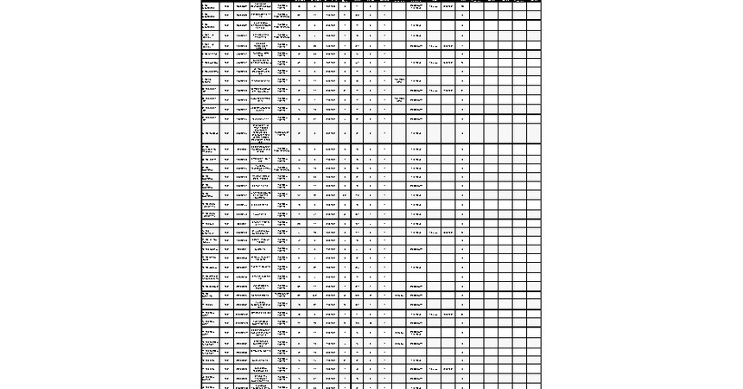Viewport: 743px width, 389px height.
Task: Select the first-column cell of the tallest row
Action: tap(209, 134)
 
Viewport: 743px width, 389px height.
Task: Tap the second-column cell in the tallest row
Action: tap(226, 134)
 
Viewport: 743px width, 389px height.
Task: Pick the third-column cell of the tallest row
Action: tap(241, 134)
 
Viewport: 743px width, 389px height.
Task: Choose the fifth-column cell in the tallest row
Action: tap(282, 134)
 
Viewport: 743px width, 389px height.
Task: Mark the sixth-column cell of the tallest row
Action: tap(299, 134)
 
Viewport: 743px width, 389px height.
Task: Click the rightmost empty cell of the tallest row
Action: tap(534, 134)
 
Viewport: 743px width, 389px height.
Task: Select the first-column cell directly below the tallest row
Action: tap(209, 150)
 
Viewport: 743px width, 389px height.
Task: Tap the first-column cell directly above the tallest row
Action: tap(209, 118)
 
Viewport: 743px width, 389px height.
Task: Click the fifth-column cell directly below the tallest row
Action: tap(282, 150)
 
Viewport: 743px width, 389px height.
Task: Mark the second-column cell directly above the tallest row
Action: tap(226, 118)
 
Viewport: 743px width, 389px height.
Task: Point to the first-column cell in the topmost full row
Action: tap(209, 6)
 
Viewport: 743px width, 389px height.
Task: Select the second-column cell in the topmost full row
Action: tap(226, 6)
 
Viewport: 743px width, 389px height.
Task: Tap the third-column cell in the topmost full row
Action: tap(241, 6)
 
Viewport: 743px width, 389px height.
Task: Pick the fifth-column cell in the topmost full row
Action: tap(282, 6)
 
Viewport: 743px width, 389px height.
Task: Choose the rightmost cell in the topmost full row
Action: tap(534, 6)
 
